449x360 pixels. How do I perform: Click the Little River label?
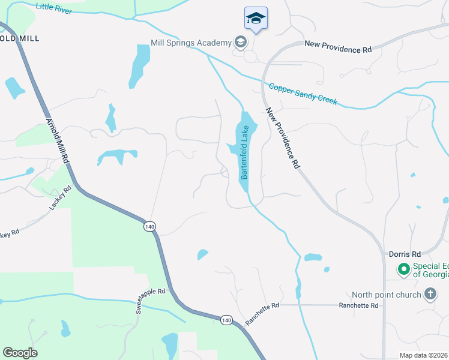coord(54,8)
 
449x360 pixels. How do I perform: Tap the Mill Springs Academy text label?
coord(191,43)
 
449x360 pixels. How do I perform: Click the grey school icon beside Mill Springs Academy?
coord(241,42)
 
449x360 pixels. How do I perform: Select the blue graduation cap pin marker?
coord(256,19)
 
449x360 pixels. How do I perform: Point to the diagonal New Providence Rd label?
coord(282,139)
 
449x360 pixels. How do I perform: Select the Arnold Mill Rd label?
coord(58,146)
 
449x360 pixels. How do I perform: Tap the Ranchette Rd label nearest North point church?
coord(358,305)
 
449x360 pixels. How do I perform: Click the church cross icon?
coord(430,294)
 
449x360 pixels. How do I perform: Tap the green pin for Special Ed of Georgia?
coord(403,269)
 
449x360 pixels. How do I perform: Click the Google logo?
coord(20,353)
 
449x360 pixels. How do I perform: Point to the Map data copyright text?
coord(424,355)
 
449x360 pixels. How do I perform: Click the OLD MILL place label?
coord(20,38)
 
